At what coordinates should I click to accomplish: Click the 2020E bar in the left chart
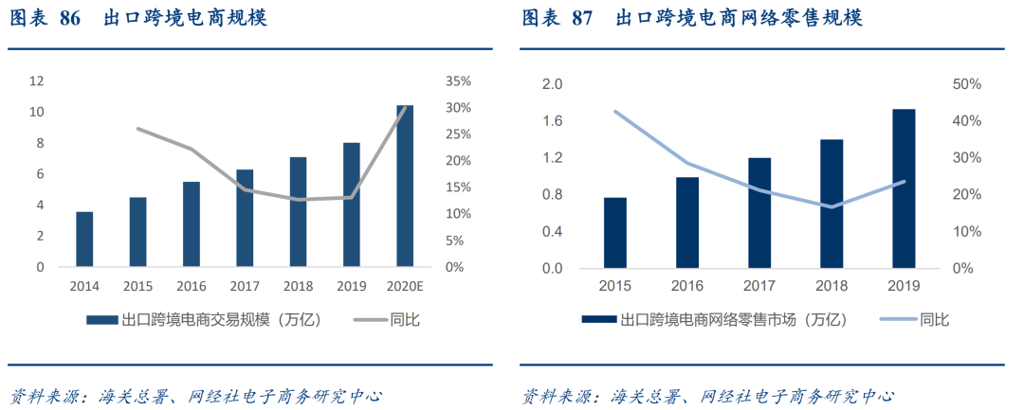(x=405, y=186)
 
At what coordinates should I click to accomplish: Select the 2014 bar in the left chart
(x=84, y=239)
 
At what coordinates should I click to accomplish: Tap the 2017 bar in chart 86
(x=245, y=218)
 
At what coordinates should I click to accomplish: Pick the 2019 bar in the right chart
(x=905, y=188)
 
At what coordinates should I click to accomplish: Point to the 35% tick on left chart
(x=457, y=80)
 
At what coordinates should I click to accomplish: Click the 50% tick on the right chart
(x=965, y=84)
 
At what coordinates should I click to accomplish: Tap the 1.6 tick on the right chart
(x=552, y=121)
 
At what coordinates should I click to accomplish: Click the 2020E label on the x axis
(x=405, y=285)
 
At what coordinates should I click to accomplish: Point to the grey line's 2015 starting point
(x=138, y=129)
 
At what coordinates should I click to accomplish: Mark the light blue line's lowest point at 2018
(x=832, y=206)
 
